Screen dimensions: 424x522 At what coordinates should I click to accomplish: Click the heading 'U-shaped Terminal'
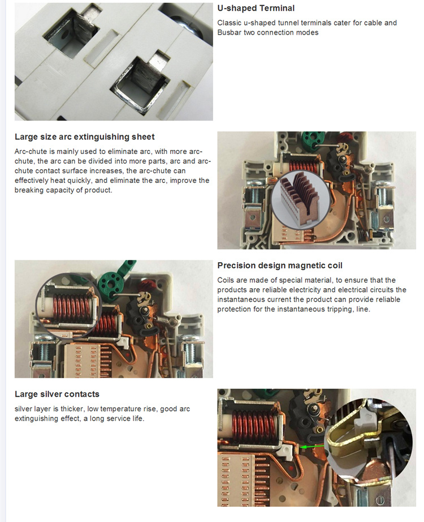pyautogui.click(x=256, y=8)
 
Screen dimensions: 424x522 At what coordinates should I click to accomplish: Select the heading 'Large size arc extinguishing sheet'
pyautogui.click(x=84, y=137)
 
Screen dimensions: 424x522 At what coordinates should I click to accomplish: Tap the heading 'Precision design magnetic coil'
pyautogui.click(x=280, y=266)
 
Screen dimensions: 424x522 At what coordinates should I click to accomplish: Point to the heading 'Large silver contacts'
pyautogui.click(x=57, y=394)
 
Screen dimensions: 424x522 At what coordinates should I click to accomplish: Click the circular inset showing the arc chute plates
pyautogui.click(x=301, y=200)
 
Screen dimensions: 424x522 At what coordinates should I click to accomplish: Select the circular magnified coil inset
pyautogui.click(x=69, y=306)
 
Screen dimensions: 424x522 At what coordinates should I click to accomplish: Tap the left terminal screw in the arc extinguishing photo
pyautogui.click(x=252, y=194)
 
